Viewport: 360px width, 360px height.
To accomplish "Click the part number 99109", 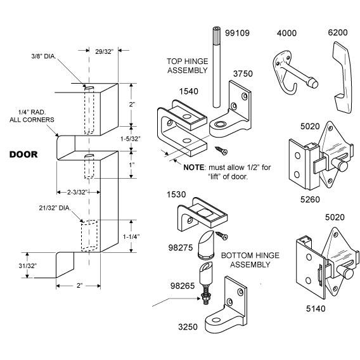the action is [x=237, y=33].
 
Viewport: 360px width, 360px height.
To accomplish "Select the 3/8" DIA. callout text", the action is [x=44, y=56].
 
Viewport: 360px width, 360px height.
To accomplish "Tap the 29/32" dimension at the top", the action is [x=104, y=52].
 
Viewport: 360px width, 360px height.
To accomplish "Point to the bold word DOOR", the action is [x=23, y=154].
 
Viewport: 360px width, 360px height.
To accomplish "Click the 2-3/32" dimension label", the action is [x=77, y=192].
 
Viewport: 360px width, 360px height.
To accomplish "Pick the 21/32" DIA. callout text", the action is [x=55, y=208].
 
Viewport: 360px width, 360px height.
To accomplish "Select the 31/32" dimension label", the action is [x=27, y=266].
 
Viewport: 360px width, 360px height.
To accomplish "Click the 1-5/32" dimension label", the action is [x=131, y=139].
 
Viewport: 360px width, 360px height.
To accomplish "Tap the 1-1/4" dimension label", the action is [x=131, y=236].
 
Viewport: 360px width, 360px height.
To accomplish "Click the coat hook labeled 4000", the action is [x=295, y=74].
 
